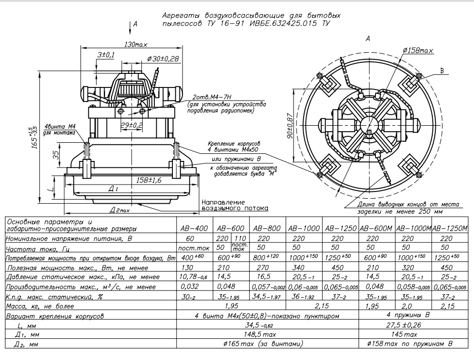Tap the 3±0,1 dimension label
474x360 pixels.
pyautogui.click(x=106, y=54)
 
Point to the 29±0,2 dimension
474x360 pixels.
pyautogui.click(x=131, y=125)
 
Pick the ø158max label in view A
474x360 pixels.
pyautogui.click(x=418, y=50)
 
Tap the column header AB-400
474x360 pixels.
pyautogui.click(x=195, y=228)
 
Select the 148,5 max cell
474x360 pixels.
pyautogui.click(x=268, y=334)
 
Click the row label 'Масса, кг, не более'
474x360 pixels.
pyautogui.click(x=39, y=306)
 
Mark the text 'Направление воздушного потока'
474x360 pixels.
pyautogui.click(x=234, y=204)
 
